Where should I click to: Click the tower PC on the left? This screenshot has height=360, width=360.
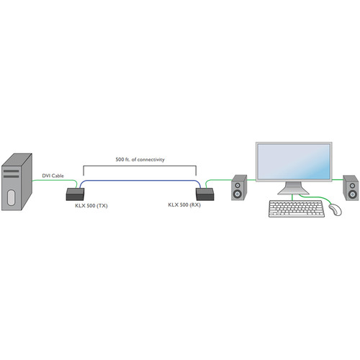(17, 182)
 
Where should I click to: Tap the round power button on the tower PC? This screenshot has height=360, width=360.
(11, 197)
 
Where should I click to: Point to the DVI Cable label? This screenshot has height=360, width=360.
(53, 176)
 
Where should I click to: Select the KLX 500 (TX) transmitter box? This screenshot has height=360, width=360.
(75, 194)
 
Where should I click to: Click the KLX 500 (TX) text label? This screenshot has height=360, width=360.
(91, 206)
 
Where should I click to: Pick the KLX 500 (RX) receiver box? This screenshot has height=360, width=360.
(205, 194)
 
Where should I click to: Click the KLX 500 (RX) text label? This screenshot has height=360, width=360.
(184, 204)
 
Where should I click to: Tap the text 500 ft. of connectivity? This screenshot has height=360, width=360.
(140, 159)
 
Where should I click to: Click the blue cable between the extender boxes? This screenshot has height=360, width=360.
(140, 181)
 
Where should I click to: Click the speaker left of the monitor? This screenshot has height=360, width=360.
(239, 187)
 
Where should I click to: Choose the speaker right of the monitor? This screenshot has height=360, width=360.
(351, 188)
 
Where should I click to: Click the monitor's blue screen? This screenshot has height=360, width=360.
(294, 161)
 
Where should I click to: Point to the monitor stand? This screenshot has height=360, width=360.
(294, 188)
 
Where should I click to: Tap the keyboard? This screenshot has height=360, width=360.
(297, 209)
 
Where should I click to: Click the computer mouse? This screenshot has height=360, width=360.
(336, 210)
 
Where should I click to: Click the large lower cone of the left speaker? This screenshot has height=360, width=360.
(238, 194)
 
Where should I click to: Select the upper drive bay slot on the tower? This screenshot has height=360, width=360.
(11, 171)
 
